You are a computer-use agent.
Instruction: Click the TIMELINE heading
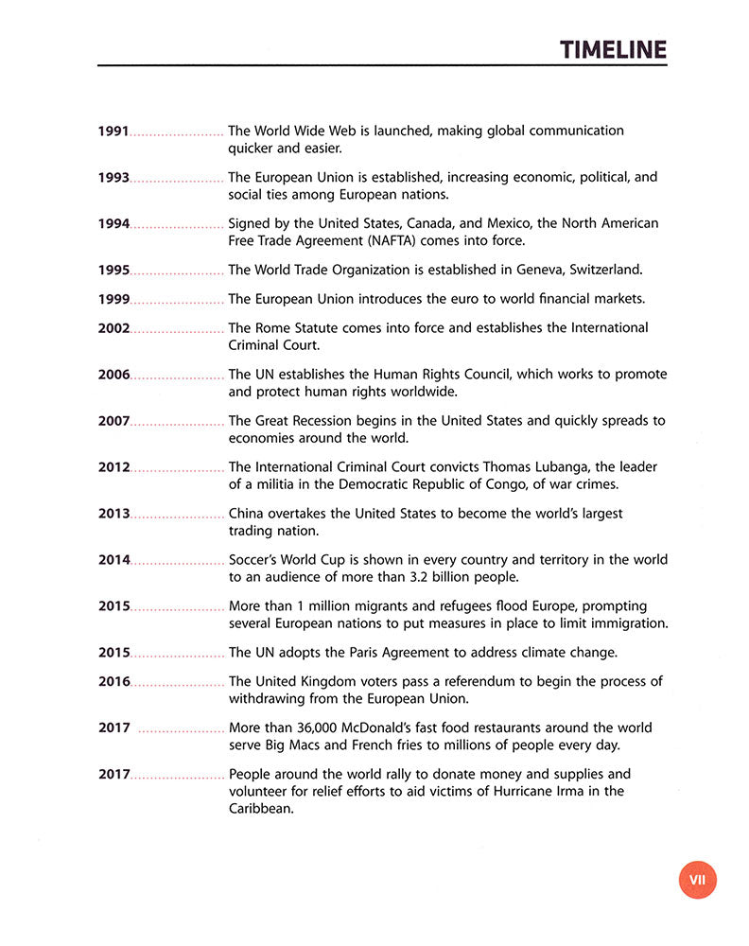[x=612, y=49]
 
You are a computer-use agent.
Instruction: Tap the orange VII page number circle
[x=697, y=880]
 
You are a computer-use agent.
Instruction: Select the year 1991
[x=113, y=131]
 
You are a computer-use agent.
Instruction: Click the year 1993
[x=113, y=177]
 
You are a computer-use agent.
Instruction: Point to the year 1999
[x=113, y=299]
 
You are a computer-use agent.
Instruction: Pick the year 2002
[x=114, y=327]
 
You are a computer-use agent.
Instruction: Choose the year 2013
[x=114, y=514]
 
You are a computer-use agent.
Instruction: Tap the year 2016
[x=114, y=681]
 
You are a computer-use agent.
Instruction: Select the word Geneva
[x=544, y=270]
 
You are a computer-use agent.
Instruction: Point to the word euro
[x=421, y=299]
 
